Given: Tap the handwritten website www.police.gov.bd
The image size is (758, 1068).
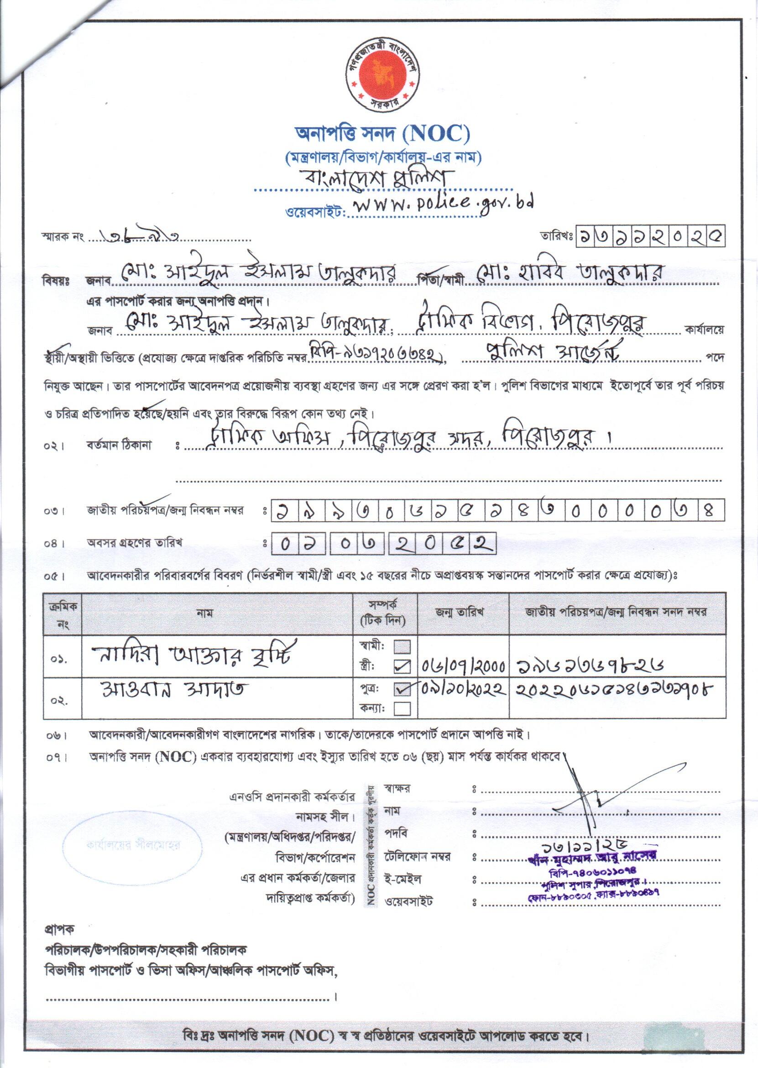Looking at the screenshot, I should tap(441, 205).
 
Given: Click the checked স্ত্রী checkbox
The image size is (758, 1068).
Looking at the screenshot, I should tap(403, 667).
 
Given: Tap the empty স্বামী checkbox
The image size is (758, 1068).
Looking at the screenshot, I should tap(403, 646).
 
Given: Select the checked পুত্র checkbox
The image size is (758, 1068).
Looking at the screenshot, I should tap(403, 689).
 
